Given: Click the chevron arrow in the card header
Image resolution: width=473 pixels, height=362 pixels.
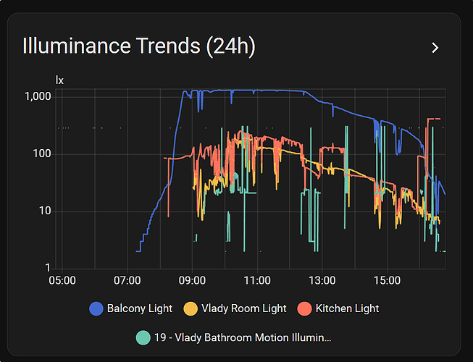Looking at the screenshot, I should (435, 48).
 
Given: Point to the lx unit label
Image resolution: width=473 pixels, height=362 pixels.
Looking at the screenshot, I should (60, 80).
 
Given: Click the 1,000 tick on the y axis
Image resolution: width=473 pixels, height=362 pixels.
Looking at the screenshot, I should (37, 96).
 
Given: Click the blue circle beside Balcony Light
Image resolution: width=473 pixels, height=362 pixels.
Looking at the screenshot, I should (96, 308).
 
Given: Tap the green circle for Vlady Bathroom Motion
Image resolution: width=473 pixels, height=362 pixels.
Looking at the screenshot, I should (143, 337).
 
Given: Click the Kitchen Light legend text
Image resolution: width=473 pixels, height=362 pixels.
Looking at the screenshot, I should (348, 308).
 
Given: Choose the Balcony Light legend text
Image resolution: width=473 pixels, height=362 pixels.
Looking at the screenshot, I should (140, 308).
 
